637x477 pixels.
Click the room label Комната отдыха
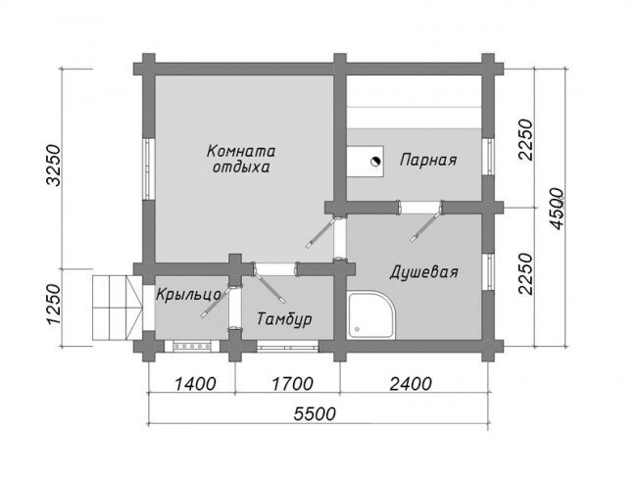point(240,159)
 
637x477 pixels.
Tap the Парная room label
point(428,160)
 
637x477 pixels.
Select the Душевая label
point(423,272)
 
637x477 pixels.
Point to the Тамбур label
point(284,319)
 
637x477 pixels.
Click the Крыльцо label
point(188,296)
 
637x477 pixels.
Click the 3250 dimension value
point(54,165)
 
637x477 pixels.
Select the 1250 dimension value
point(54,305)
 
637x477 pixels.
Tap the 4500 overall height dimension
point(557,209)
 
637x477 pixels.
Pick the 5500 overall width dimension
point(316,414)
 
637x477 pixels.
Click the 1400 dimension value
point(195,384)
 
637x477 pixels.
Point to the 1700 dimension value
point(292,384)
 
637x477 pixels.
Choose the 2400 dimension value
point(411,384)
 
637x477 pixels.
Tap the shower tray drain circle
point(357,329)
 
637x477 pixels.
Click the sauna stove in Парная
point(366,162)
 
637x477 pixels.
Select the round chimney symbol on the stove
point(375,162)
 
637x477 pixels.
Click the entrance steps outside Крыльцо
point(118,308)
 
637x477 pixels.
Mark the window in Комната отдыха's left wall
point(149,169)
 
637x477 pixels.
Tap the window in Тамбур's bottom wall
point(288,346)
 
